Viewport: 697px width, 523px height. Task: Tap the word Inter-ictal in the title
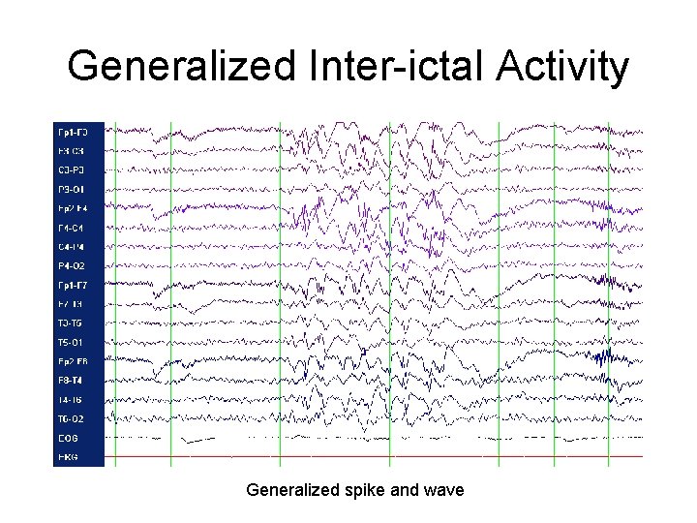click(x=376, y=68)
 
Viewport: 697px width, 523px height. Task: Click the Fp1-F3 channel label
click(x=74, y=132)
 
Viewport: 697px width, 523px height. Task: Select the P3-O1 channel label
click(x=74, y=189)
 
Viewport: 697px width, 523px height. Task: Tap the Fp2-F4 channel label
click(x=74, y=208)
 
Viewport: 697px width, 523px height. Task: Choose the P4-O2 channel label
click(x=74, y=265)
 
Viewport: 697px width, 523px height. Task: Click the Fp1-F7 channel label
click(x=74, y=285)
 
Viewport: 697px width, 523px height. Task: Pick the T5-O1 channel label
click(x=74, y=342)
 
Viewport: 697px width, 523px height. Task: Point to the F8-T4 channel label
click(x=74, y=381)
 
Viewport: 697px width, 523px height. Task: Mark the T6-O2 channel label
click(x=74, y=418)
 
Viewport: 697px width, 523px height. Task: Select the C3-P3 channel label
click(x=74, y=169)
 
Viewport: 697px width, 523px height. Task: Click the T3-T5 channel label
click(x=74, y=323)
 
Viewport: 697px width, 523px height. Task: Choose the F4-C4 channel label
click(x=74, y=228)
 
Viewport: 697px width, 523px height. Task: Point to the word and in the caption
click(x=404, y=490)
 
